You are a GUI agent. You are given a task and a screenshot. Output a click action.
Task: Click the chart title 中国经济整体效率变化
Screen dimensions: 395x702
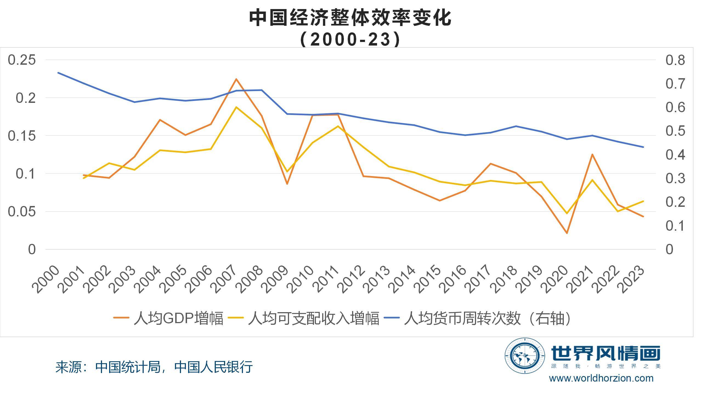click(350, 18)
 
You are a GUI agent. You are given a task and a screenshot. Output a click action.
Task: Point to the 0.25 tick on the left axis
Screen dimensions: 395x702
click(22, 60)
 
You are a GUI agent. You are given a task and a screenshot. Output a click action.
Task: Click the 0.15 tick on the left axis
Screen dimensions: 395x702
click(22, 136)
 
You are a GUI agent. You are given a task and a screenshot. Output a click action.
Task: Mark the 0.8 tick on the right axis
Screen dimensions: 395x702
click(675, 60)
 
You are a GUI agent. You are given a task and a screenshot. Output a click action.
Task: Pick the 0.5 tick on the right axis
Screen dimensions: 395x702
click(675, 131)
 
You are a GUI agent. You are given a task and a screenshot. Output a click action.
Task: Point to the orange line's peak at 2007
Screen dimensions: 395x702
click(236, 79)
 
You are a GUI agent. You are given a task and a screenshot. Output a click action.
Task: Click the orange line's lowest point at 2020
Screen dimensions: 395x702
click(567, 233)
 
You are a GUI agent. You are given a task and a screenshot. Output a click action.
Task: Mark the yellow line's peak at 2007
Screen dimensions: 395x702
click(236, 107)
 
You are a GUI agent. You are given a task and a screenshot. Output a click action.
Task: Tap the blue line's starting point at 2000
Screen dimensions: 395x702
click(58, 73)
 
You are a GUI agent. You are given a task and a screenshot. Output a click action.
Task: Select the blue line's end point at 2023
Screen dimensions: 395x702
click(643, 147)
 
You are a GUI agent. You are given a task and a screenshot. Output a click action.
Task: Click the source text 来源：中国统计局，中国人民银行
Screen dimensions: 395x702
click(154, 367)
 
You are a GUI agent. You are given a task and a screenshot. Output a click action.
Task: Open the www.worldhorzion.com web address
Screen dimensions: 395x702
click(601, 378)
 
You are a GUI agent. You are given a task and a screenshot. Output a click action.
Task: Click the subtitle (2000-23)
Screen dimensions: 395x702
click(350, 39)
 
